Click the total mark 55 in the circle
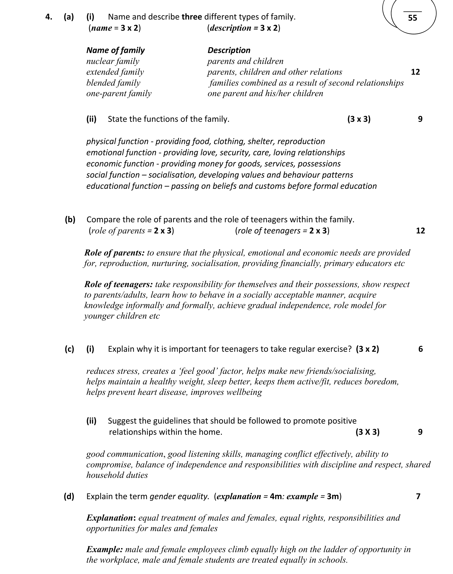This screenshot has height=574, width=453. click(412, 18)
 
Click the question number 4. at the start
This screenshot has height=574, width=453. click(49, 17)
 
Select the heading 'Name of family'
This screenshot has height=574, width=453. click(115, 50)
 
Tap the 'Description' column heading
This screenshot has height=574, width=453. click(229, 50)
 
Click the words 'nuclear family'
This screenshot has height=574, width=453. click(113, 61)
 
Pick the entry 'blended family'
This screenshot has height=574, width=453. click(113, 83)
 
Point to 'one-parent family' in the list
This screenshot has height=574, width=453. click(119, 94)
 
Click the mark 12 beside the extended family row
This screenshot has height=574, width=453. click(415, 72)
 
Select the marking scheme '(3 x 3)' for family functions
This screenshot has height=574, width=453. click(359, 119)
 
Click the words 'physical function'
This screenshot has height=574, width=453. click(117, 141)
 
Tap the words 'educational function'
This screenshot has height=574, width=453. click(124, 186)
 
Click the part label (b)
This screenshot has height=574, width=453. click(70, 220)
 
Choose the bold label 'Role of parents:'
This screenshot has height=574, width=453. click(114, 253)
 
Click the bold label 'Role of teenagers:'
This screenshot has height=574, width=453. click(118, 284)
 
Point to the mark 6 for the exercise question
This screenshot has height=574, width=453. click(420, 349)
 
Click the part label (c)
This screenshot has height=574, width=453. click(70, 349)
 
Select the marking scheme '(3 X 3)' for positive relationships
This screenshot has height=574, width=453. click(367, 432)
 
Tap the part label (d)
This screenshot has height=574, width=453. click(69, 496)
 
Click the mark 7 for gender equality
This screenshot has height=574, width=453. click(418, 496)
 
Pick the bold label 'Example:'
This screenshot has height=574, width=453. click(104, 549)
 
